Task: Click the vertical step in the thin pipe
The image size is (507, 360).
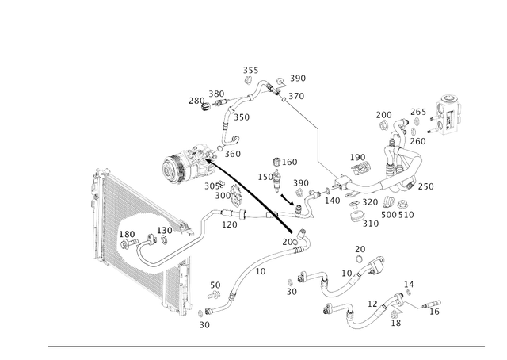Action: tap(315, 143)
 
